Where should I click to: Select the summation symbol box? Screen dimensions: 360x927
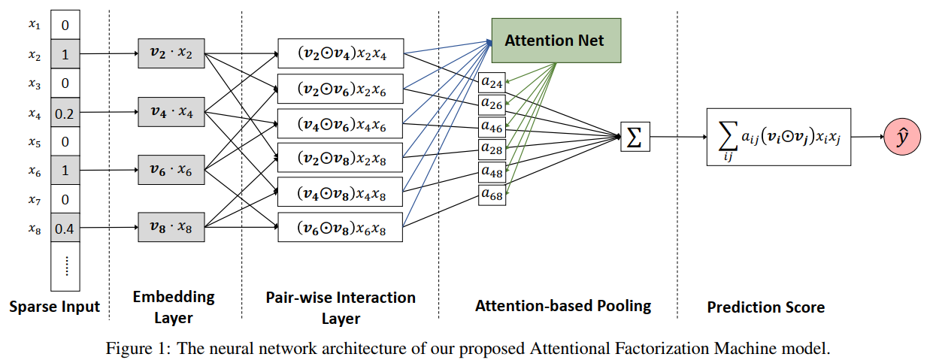click(635, 138)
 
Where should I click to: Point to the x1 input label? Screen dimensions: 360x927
click(35, 25)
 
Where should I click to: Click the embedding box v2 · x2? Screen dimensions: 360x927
click(171, 53)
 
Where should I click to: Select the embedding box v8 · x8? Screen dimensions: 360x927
click(171, 227)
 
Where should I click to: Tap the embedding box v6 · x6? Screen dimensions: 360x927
click(171, 170)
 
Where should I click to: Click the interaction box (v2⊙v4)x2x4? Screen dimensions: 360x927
click(340, 53)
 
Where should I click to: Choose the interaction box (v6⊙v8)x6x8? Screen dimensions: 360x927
click(340, 228)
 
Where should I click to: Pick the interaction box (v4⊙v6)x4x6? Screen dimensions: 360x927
click(340, 123)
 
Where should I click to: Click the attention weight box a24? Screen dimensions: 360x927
click(492, 80)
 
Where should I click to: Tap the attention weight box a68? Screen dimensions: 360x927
click(492, 195)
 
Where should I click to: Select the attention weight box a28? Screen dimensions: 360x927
click(492, 149)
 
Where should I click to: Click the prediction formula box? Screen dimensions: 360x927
click(778, 138)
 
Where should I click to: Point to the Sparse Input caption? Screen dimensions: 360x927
click(55, 307)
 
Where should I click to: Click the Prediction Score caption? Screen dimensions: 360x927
click(765, 307)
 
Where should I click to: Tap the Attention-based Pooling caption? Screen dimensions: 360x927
click(562, 306)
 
